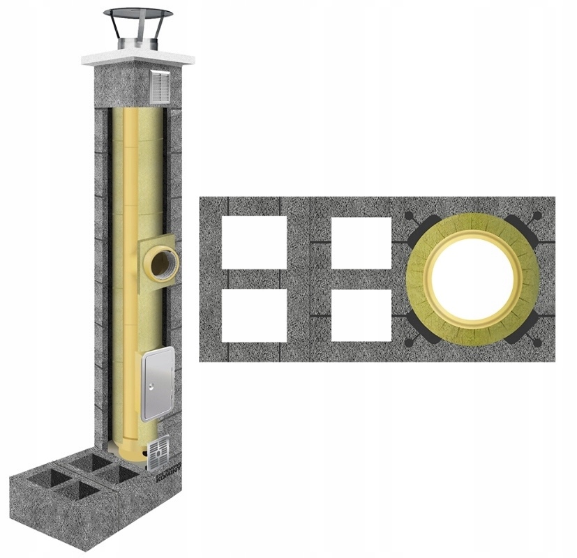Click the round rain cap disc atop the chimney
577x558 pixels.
tap(137, 14)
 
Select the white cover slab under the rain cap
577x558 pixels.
tap(137, 58)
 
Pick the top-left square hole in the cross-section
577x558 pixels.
tap(254, 242)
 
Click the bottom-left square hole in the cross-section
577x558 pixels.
tap(254, 315)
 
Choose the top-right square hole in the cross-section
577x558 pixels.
tap(361, 242)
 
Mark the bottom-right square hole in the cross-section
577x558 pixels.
tap(361, 315)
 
